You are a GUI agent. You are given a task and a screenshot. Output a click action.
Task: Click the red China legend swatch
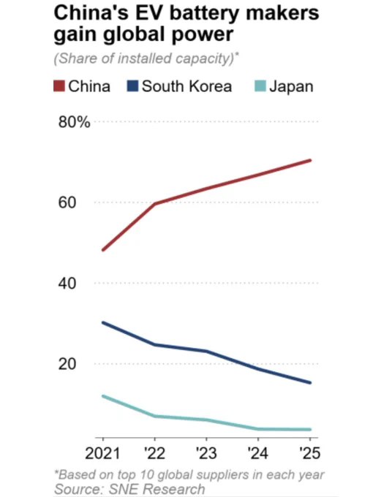(x=59, y=86)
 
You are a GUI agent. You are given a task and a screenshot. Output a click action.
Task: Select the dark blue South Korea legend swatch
(x=132, y=86)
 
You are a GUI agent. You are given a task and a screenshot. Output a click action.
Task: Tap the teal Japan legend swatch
(x=260, y=86)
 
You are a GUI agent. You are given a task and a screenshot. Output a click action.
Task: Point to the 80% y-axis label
(x=74, y=122)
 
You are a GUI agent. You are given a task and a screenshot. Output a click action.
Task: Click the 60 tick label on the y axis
(x=67, y=202)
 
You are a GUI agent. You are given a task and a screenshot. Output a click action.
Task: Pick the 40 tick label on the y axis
(x=67, y=283)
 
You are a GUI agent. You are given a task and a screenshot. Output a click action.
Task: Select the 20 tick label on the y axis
(x=67, y=364)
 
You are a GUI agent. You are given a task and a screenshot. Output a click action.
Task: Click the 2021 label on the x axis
(x=102, y=453)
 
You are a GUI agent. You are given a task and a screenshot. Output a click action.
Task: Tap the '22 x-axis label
(x=154, y=453)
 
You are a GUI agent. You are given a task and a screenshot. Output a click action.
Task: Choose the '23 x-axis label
(x=206, y=453)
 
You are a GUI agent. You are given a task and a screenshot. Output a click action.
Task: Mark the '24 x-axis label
(x=258, y=453)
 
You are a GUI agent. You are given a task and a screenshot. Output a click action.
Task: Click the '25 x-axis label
(x=310, y=453)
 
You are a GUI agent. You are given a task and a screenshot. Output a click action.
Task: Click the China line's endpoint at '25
(x=310, y=160)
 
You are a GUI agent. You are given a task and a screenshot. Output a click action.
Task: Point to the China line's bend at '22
(x=154, y=203)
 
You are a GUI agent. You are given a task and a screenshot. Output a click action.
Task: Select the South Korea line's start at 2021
(x=103, y=322)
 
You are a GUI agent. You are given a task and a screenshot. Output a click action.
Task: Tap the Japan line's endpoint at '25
(x=310, y=430)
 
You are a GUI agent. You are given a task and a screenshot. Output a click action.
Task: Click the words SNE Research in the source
(x=157, y=489)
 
